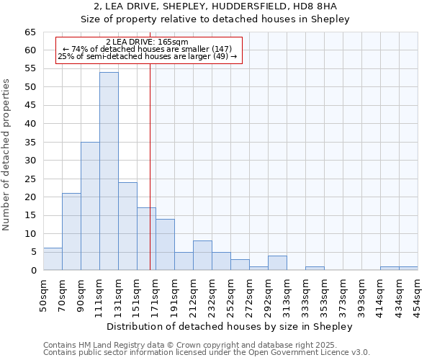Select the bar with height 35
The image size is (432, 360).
pos(90,206)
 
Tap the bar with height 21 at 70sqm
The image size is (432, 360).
pos(71,232)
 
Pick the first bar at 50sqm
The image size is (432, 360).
pos(53,259)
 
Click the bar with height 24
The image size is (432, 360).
pos(127,226)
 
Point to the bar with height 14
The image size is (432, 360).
pos(165,245)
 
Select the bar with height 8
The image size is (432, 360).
pos(202,256)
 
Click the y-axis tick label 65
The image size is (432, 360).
pos(30,32)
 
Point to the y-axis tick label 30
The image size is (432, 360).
pos(30,161)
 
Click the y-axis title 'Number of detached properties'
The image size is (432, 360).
pos(7,155)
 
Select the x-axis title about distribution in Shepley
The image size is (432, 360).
pos(230,327)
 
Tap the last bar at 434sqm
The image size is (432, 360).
pos(408,269)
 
